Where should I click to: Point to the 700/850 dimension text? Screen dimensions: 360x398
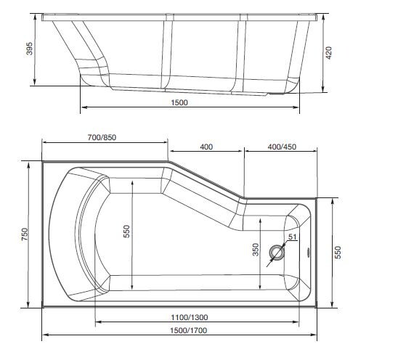pos(102,138)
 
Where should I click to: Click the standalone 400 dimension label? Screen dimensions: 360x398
pos(206,147)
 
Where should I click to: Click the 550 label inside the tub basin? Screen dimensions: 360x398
pos(126,231)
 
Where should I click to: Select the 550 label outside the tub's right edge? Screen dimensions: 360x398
pos(338,251)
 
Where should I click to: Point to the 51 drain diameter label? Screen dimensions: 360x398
pos(292,237)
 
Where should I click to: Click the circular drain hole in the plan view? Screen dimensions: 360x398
pos(277,253)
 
